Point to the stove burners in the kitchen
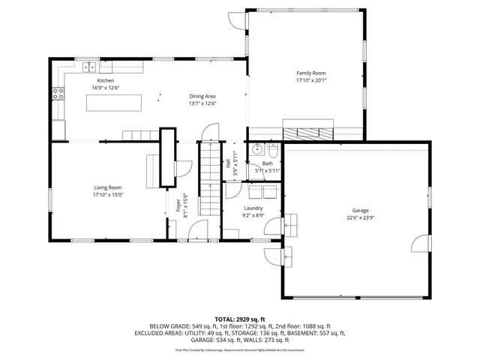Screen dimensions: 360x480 pyautogui.click(x=57, y=94)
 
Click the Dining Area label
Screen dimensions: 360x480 pyautogui.click(x=202, y=96)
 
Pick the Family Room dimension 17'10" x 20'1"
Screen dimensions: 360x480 pyautogui.click(x=310, y=80)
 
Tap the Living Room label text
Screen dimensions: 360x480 pyautogui.click(x=108, y=187)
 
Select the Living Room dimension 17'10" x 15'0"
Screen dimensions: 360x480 pyautogui.click(x=108, y=195)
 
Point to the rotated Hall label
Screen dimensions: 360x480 pyautogui.click(x=228, y=163)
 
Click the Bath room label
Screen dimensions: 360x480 pyautogui.click(x=267, y=163)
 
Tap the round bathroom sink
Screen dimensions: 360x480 pyautogui.click(x=256, y=148)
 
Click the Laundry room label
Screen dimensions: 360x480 pyautogui.click(x=253, y=208)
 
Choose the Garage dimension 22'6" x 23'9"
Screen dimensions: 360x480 pyautogui.click(x=361, y=219)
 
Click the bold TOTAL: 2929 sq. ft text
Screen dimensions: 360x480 pyautogui.click(x=240, y=319)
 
